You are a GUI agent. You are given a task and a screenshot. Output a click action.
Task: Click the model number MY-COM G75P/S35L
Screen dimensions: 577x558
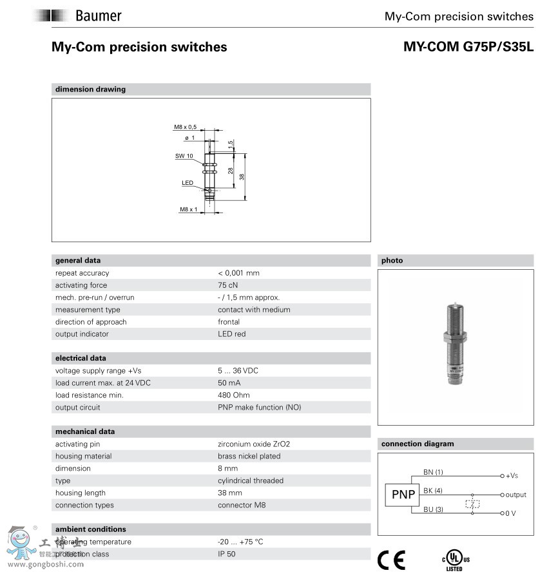pyautogui.click(x=468, y=47)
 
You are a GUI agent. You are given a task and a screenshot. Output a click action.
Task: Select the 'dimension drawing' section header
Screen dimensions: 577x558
pyautogui.click(x=90, y=90)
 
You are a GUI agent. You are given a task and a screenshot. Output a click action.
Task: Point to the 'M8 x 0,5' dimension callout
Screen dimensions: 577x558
pyautogui.click(x=185, y=127)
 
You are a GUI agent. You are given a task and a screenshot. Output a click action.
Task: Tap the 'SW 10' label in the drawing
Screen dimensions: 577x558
pyautogui.click(x=184, y=156)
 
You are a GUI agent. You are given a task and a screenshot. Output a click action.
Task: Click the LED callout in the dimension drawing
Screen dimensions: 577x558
pyautogui.click(x=188, y=183)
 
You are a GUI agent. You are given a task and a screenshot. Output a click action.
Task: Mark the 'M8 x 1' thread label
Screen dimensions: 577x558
pyautogui.click(x=188, y=209)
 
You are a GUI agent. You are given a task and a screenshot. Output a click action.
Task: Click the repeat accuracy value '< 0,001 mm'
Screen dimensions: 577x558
pyautogui.click(x=238, y=273)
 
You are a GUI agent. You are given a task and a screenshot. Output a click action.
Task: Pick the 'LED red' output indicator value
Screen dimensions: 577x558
pyautogui.click(x=231, y=334)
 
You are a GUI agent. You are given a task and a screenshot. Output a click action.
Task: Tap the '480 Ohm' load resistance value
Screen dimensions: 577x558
pyautogui.click(x=234, y=395)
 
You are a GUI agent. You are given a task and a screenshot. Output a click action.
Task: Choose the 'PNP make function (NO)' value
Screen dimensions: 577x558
pyautogui.click(x=259, y=408)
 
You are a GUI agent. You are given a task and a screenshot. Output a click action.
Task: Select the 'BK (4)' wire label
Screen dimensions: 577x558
pyautogui.click(x=433, y=491)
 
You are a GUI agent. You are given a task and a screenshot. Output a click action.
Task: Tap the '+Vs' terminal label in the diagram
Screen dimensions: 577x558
pyautogui.click(x=512, y=476)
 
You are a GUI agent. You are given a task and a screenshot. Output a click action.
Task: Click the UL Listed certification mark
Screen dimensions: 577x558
pyautogui.click(x=454, y=560)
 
